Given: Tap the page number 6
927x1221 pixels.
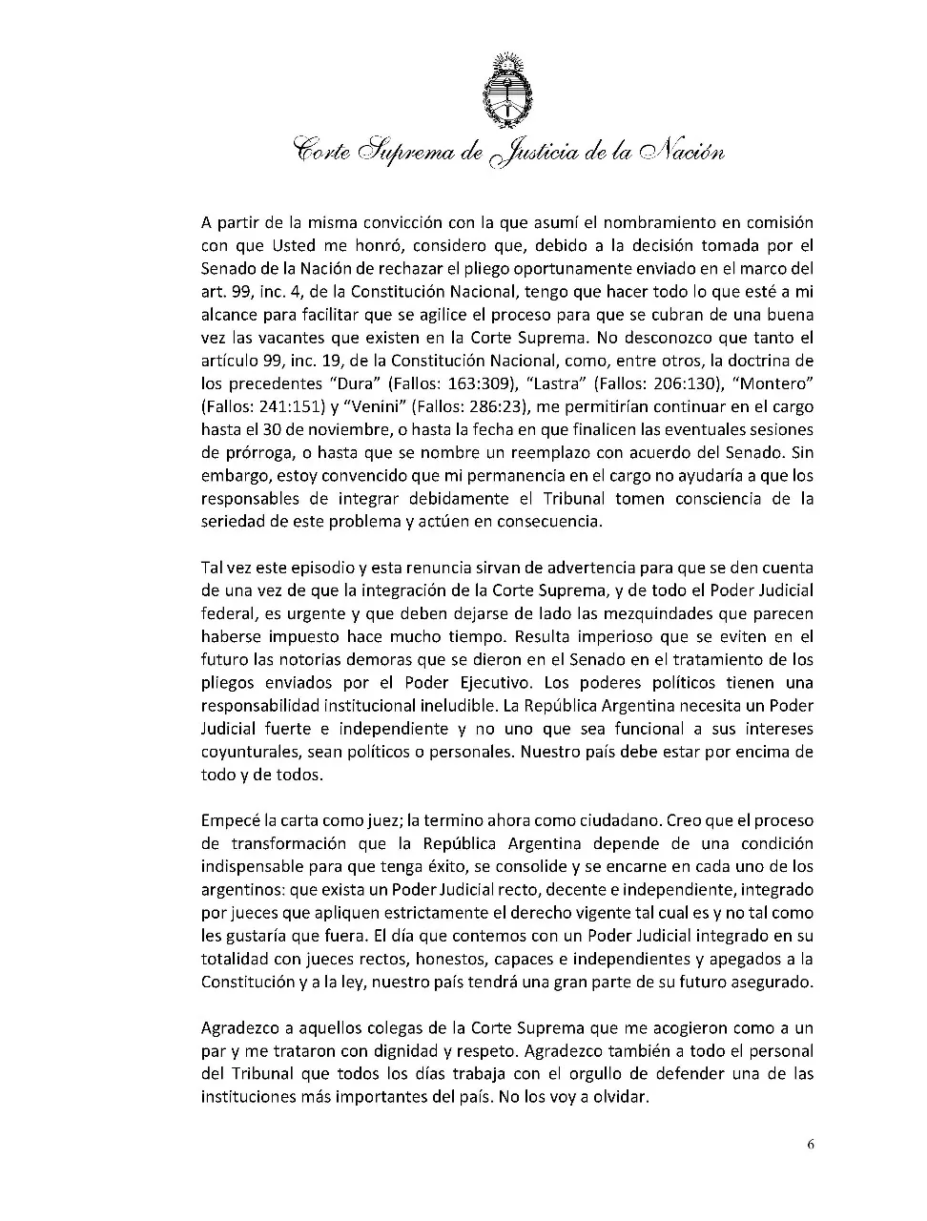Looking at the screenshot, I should click(810, 1145).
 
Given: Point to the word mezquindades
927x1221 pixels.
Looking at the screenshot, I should click(668, 613).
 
